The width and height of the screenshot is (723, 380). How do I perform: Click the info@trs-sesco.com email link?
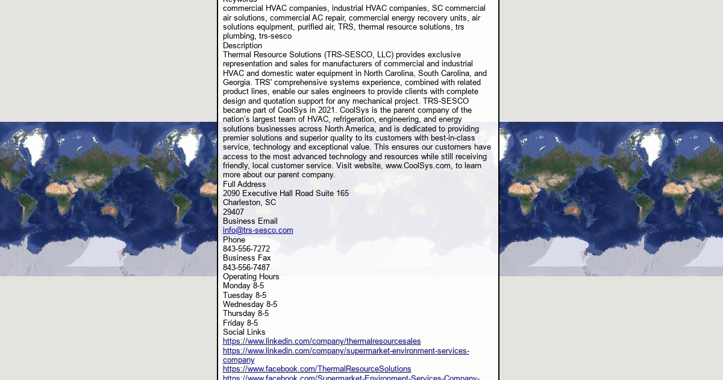coord(258,230)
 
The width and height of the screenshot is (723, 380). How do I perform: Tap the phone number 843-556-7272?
coord(246,249)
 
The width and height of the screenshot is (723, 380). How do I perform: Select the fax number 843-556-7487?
coord(246,268)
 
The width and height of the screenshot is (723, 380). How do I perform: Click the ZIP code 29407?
coord(233,212)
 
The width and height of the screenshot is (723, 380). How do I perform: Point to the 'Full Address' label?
coord(244,185)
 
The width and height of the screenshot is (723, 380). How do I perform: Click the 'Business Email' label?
coord(250,221)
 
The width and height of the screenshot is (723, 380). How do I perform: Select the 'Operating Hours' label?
coord(251,277)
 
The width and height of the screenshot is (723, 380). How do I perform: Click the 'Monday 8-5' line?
coord(243,286)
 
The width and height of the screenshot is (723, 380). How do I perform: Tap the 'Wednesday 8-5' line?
coord(250,305)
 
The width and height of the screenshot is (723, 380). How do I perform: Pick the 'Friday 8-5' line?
coord(240,323)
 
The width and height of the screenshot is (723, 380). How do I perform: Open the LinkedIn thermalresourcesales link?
coord(322,341)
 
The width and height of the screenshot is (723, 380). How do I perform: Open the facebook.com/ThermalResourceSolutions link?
coord(317,369)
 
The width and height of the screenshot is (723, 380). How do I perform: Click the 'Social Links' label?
coord(244,332)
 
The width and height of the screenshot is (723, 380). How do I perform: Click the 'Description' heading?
coord(242,46)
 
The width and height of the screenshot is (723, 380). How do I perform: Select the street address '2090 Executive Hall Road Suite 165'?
coord(286,194)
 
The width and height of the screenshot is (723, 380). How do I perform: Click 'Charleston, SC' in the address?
coord(249,203)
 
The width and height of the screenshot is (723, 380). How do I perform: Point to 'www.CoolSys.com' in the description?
coord(418,166)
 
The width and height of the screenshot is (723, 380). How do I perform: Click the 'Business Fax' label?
coord(247,258)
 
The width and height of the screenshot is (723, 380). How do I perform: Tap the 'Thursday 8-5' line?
coord(246,314)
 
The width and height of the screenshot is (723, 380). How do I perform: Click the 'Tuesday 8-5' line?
coord(244,296)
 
